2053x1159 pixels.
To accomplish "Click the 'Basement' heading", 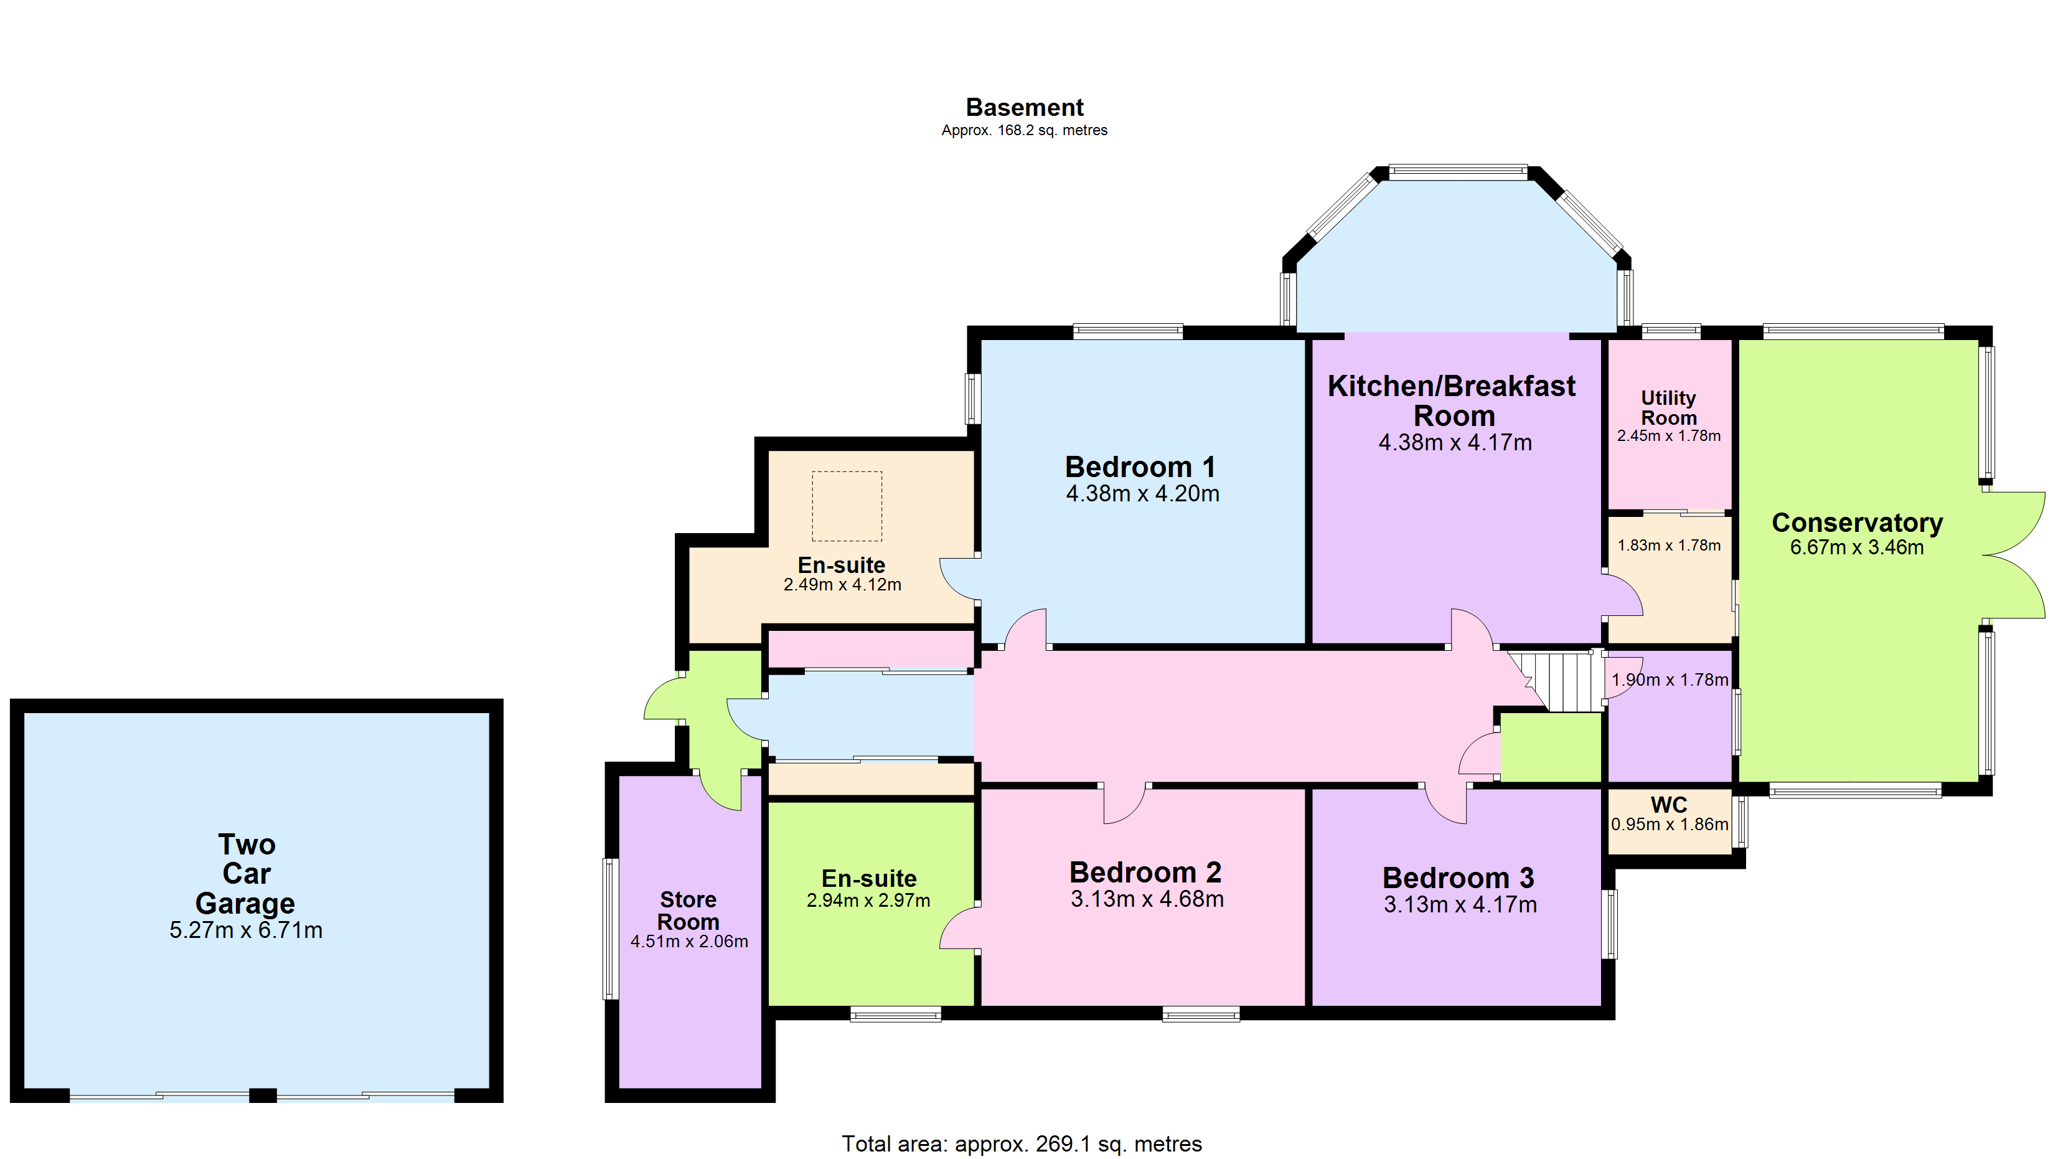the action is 1024,107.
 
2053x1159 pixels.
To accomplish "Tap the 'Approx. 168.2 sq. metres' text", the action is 1024,130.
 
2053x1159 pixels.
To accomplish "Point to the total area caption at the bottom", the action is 1022,1144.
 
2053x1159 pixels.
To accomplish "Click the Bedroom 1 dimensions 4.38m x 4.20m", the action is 1143,493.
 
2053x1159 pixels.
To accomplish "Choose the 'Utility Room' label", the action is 1669,407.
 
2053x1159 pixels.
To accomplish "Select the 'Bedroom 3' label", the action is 1459,878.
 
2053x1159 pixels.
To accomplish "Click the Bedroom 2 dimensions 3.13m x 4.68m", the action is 1147,899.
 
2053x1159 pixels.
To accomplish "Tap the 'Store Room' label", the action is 688,911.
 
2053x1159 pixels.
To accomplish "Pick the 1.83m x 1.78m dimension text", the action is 1669,545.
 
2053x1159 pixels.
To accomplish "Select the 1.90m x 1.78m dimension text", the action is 1670,680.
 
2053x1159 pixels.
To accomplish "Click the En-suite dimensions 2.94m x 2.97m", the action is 868,901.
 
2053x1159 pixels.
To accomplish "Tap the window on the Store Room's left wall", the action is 611,929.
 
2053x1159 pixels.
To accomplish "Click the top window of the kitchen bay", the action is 1458,172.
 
